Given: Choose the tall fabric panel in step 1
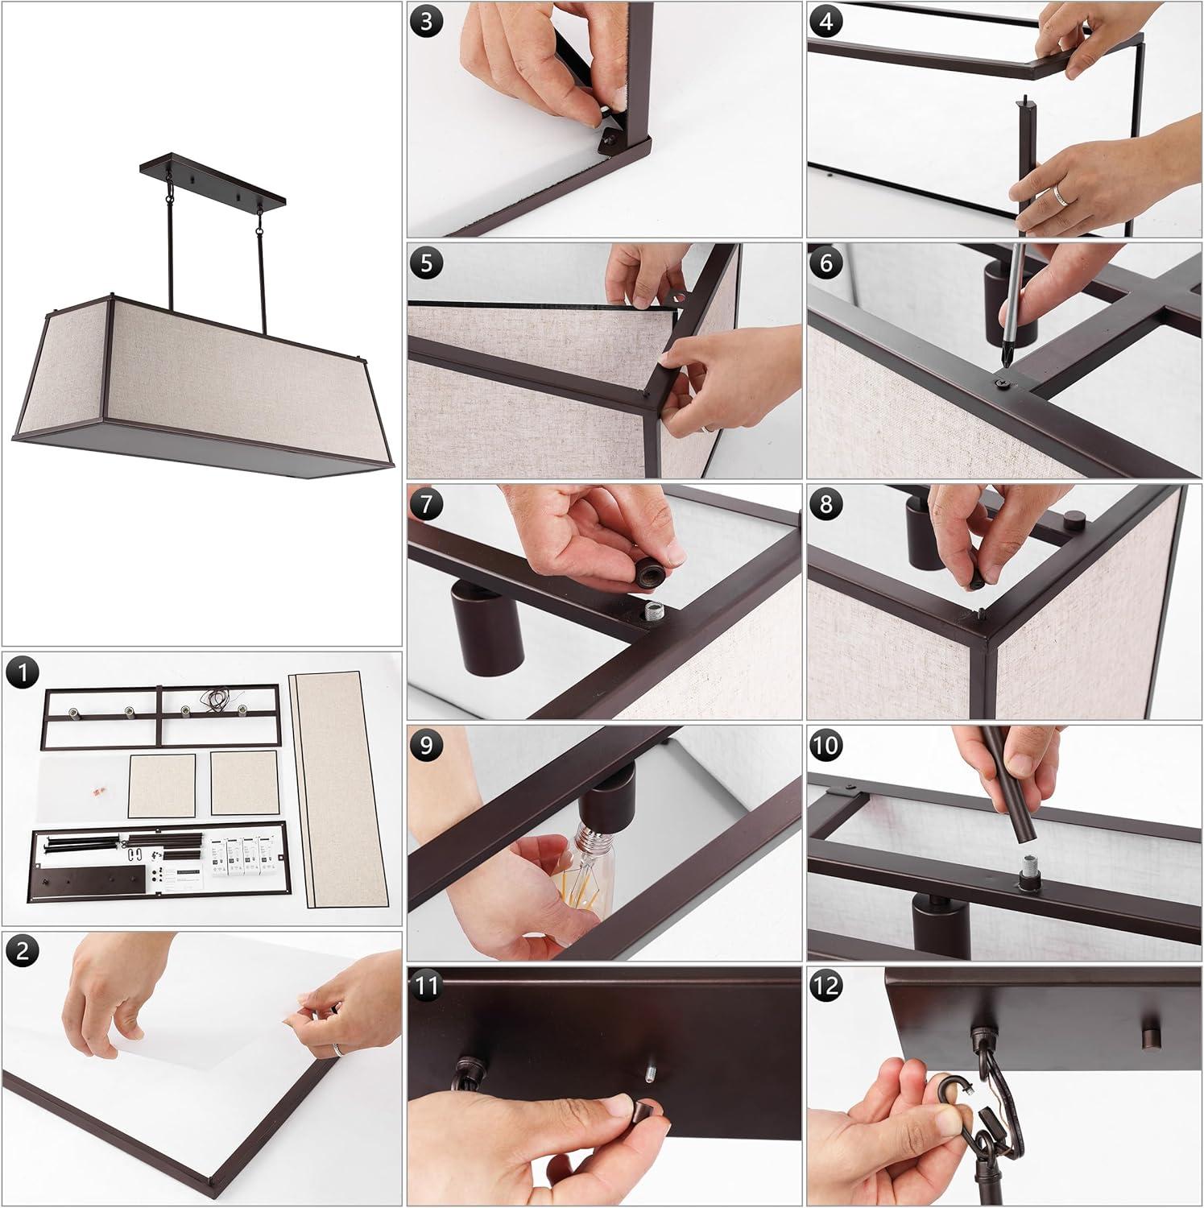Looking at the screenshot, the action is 337,790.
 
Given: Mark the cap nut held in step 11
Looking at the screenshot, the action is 641,1115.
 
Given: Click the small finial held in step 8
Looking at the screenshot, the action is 978,581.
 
